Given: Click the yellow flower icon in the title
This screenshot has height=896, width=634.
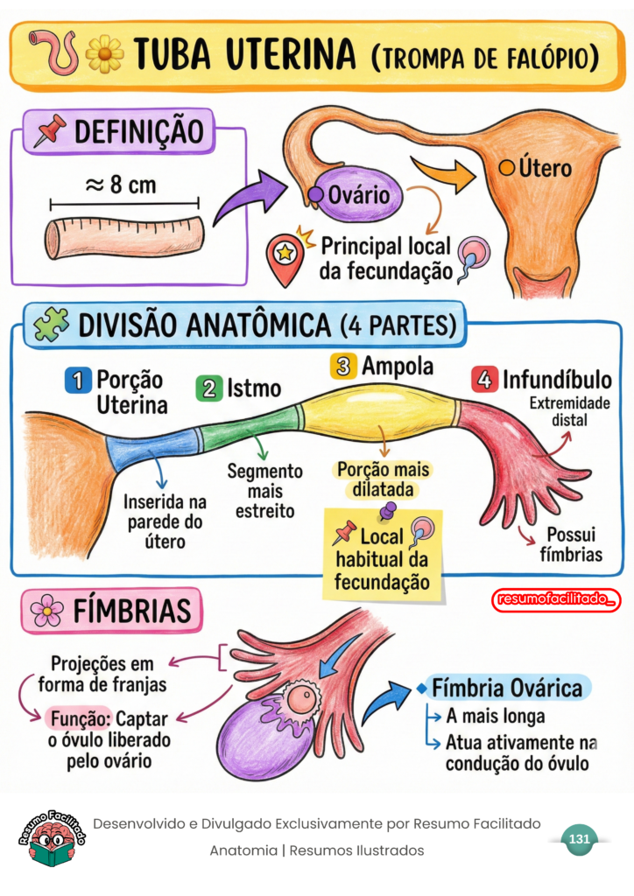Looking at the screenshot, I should [x=104, y=53].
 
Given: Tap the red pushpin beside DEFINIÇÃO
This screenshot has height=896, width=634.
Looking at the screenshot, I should [x=50, y=130].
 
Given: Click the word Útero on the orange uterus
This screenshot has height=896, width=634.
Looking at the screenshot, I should [x=544, y=167].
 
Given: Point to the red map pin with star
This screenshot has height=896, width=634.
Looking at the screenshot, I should [x=286, y=258].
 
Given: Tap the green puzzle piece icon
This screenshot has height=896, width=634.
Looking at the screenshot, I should [x=52, y=325].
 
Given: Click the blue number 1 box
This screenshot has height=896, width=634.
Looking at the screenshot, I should [x=78, y=380].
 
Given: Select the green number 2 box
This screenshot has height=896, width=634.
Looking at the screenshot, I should [x=208, y=388].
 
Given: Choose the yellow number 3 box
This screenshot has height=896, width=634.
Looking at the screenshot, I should [x=342, y=366].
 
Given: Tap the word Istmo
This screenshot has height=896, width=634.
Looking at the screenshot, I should [x=254, y=388].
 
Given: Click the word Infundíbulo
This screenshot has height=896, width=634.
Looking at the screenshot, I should [x=556, y=381].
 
